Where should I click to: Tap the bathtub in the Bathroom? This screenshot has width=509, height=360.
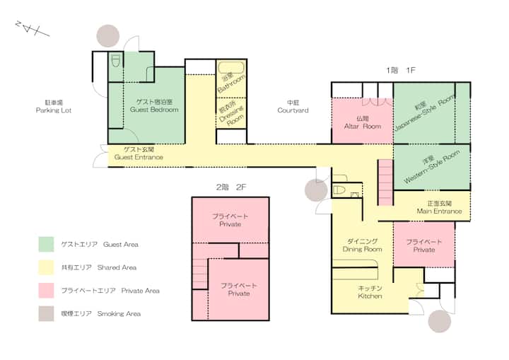coord(230,68)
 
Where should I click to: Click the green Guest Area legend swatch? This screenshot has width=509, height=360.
coord(46,244)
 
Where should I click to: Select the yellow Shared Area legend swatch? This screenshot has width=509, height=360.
coord(46,267)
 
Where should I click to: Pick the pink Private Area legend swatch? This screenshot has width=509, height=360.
coord(46,290)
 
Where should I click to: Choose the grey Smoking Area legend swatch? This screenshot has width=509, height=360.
coord(46,313)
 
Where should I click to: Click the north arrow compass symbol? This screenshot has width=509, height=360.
coord(32,28)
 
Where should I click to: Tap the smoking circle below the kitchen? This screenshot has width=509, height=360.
coord(440,321)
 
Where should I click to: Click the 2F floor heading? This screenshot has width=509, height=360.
coord(231,187)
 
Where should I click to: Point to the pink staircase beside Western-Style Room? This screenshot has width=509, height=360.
coord(386,182)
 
